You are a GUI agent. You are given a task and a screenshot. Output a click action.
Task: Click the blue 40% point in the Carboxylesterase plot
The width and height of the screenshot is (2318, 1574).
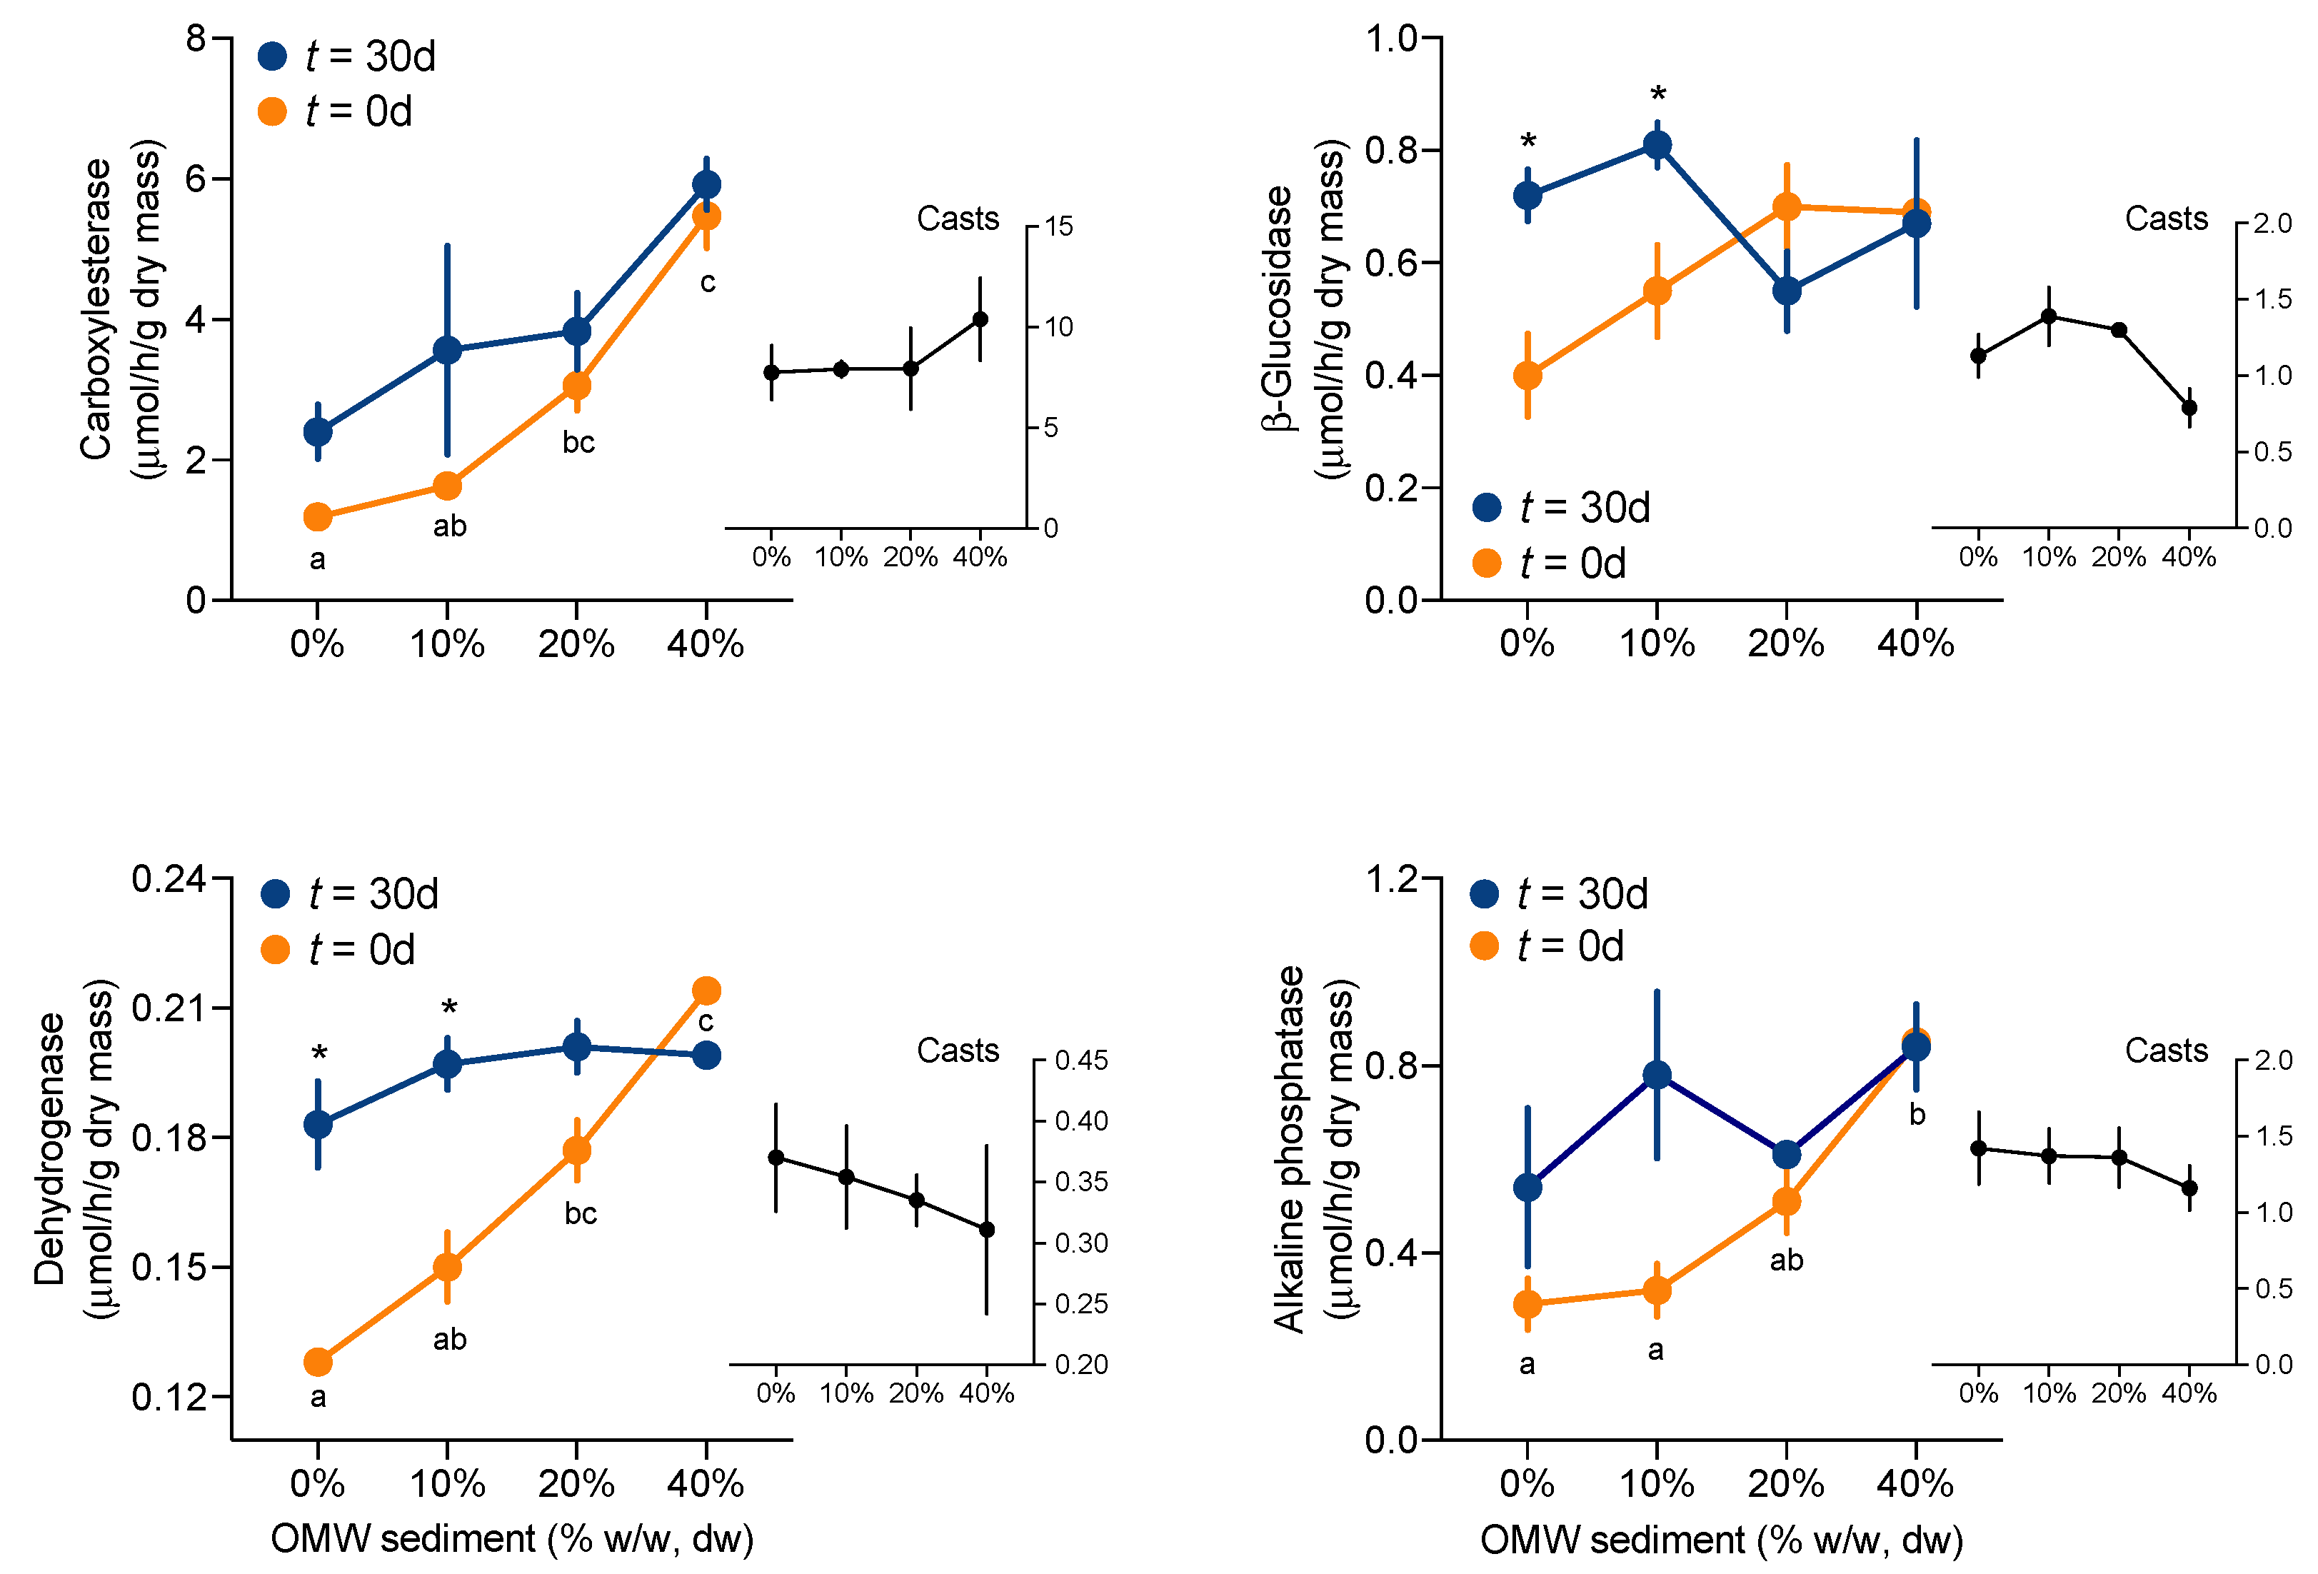tap(706, 184)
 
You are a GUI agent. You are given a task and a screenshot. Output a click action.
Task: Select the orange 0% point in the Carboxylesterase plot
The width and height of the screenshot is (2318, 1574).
tap(317, 516)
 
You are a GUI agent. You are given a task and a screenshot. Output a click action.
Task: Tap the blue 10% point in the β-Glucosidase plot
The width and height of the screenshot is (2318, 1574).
tap(1657, 146)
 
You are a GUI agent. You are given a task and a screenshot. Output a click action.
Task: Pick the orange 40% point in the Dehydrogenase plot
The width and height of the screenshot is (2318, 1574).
tap(706, 991)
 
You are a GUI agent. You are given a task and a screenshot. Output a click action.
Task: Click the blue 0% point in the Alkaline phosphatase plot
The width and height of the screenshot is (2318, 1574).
tap(1527, 1187)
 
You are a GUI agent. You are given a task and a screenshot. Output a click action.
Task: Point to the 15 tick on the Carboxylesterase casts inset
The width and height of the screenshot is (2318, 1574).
tap(1058, 226)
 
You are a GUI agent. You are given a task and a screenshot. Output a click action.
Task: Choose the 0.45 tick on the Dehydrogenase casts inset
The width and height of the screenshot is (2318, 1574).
tap(1081, 1061)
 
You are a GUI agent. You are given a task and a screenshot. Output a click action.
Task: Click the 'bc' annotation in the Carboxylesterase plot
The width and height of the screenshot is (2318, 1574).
tap(578, 442)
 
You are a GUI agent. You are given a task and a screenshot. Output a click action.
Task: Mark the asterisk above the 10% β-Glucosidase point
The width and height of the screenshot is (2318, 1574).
tap(1657, 96)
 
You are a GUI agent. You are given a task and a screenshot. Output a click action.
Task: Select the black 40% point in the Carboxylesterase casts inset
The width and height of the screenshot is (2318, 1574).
tap(980, 319)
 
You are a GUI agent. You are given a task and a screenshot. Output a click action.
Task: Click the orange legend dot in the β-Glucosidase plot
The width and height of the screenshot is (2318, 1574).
tap(1486, 563)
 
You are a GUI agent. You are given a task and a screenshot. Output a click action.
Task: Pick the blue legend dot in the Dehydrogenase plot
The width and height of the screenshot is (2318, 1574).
tap(274, 893)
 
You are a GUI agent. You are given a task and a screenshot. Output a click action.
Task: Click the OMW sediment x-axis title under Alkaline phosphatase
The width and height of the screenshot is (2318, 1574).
tap(1720, 1539)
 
